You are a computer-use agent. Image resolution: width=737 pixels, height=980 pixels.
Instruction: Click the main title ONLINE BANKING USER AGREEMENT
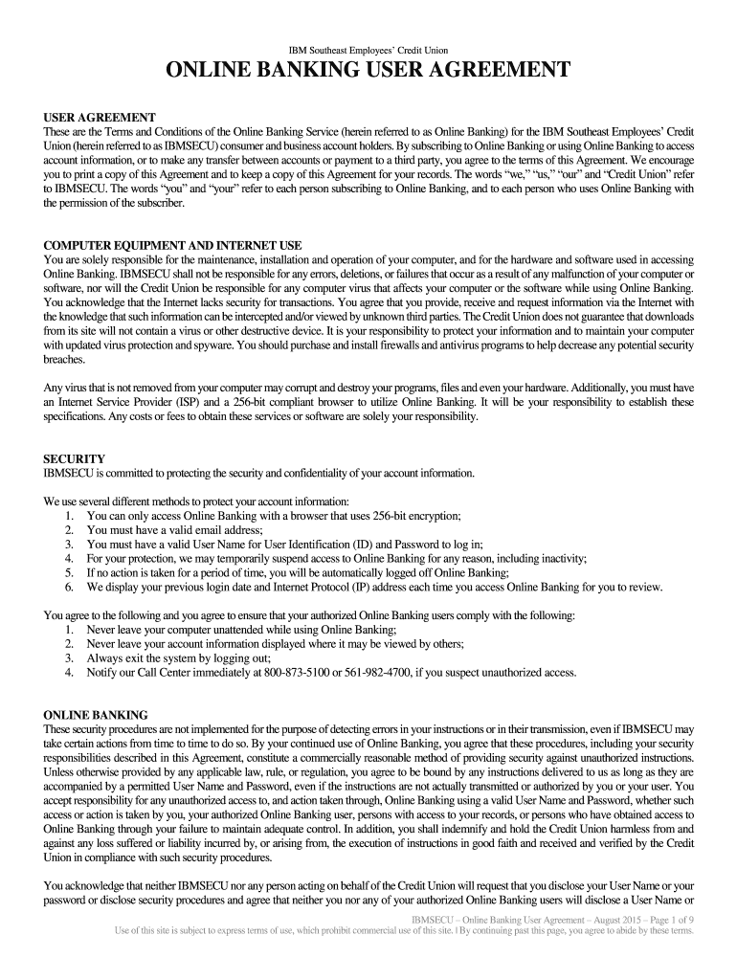tap(368, 71)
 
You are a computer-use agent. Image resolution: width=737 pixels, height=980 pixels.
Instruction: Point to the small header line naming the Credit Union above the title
tap(368, 50)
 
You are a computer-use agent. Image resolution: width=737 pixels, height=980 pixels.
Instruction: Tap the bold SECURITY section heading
tap(75, 458)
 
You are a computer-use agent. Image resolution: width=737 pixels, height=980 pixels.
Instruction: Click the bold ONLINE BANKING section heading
tap(96, 715)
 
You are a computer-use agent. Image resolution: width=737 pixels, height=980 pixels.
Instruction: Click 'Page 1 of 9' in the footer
tap(663, 919)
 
